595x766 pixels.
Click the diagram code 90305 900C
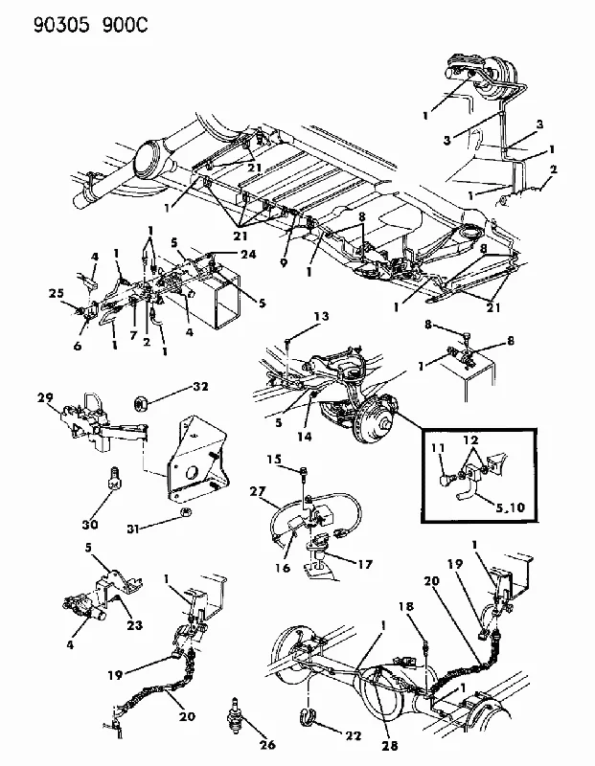pos(90,25)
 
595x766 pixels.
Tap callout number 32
pos(200,387)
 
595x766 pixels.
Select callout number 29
pos(45,397)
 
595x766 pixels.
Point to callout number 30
pos(90,524)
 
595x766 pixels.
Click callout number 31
pos(135,529)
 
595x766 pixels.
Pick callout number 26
pos(267,744)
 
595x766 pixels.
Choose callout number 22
pos(353,735)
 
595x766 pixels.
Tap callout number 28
pos(390,746)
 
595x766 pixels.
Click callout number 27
pos(258,491)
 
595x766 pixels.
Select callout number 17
pos(365,564)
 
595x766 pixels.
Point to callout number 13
pos(322,316)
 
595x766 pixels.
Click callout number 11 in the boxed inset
pos(438,447)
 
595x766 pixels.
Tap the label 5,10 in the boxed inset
pos(510,507)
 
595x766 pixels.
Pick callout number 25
pos(57,293)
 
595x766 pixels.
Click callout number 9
pos(284,262)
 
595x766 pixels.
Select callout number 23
pos(135,624)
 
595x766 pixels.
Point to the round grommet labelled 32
pos(141,404)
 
